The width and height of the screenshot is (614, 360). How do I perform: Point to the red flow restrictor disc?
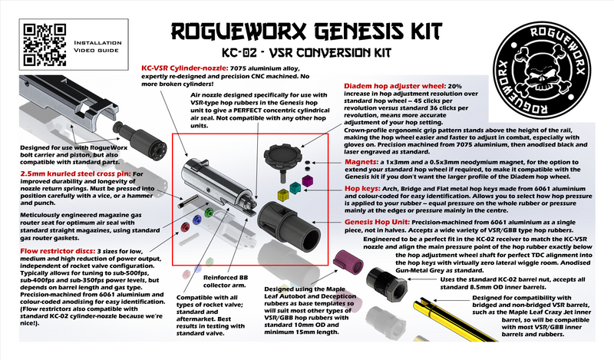point(185,224)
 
